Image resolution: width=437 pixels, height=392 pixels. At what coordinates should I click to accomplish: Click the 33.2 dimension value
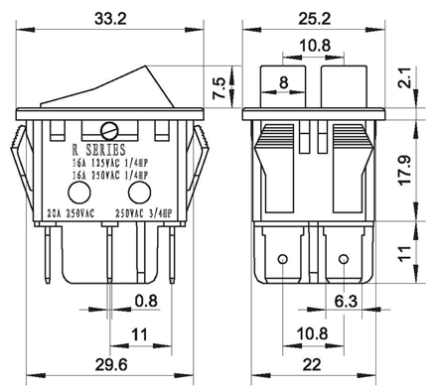(110, 19)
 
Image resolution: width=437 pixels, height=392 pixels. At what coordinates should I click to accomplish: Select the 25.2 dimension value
(314, 19)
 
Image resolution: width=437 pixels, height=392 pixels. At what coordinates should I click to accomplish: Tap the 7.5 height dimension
(219, 88)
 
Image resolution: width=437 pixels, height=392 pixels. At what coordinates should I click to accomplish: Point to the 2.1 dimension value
(406, 78)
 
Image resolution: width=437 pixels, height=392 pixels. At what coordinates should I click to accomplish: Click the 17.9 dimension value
(405, 170)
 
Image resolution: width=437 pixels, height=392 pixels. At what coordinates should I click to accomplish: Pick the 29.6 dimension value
(111, 365)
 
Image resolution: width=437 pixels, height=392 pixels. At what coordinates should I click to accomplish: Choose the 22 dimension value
(312, 365)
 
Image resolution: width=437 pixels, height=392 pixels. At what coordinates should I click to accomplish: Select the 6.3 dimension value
(346, 302)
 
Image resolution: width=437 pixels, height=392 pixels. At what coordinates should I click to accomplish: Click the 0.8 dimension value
(146, 302)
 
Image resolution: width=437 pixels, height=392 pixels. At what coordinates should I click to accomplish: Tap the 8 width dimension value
(284, 82)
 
